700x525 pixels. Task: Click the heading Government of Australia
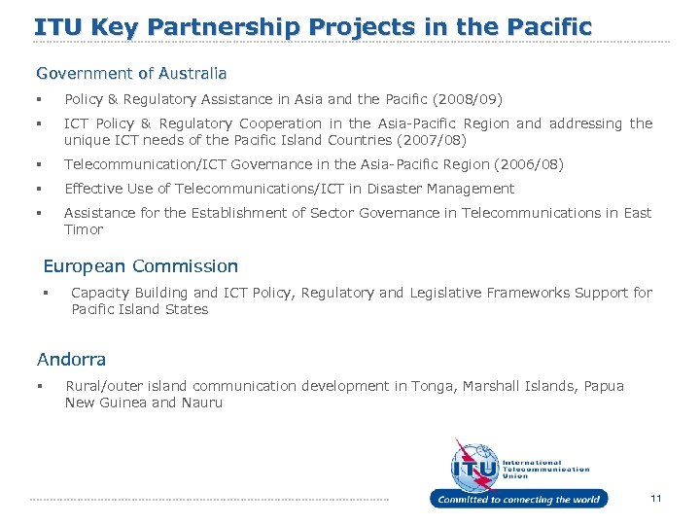131,73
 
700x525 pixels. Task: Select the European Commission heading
141,265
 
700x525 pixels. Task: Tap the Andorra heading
71,359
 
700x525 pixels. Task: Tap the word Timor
84,229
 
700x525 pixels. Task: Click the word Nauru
201,402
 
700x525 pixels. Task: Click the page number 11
656,498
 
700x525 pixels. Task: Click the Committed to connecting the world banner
518,499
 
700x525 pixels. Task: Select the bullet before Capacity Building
45,293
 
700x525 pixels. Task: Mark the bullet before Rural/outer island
39,386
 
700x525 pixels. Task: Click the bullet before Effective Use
39,189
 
